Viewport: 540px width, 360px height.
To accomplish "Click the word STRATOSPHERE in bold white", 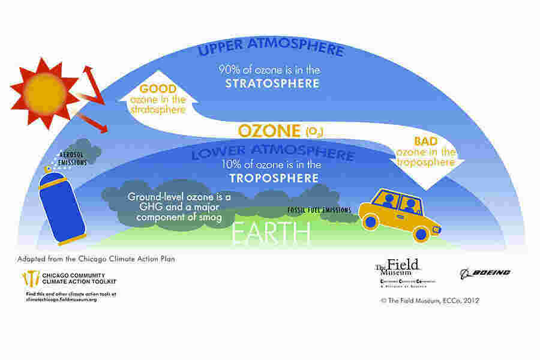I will pyautogui.click(x=272, y=83).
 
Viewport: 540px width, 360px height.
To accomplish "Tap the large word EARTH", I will pyautogui.click(x=272, y=233).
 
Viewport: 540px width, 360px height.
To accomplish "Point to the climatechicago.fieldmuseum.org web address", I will pyautogui.click(x=62, y=298).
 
